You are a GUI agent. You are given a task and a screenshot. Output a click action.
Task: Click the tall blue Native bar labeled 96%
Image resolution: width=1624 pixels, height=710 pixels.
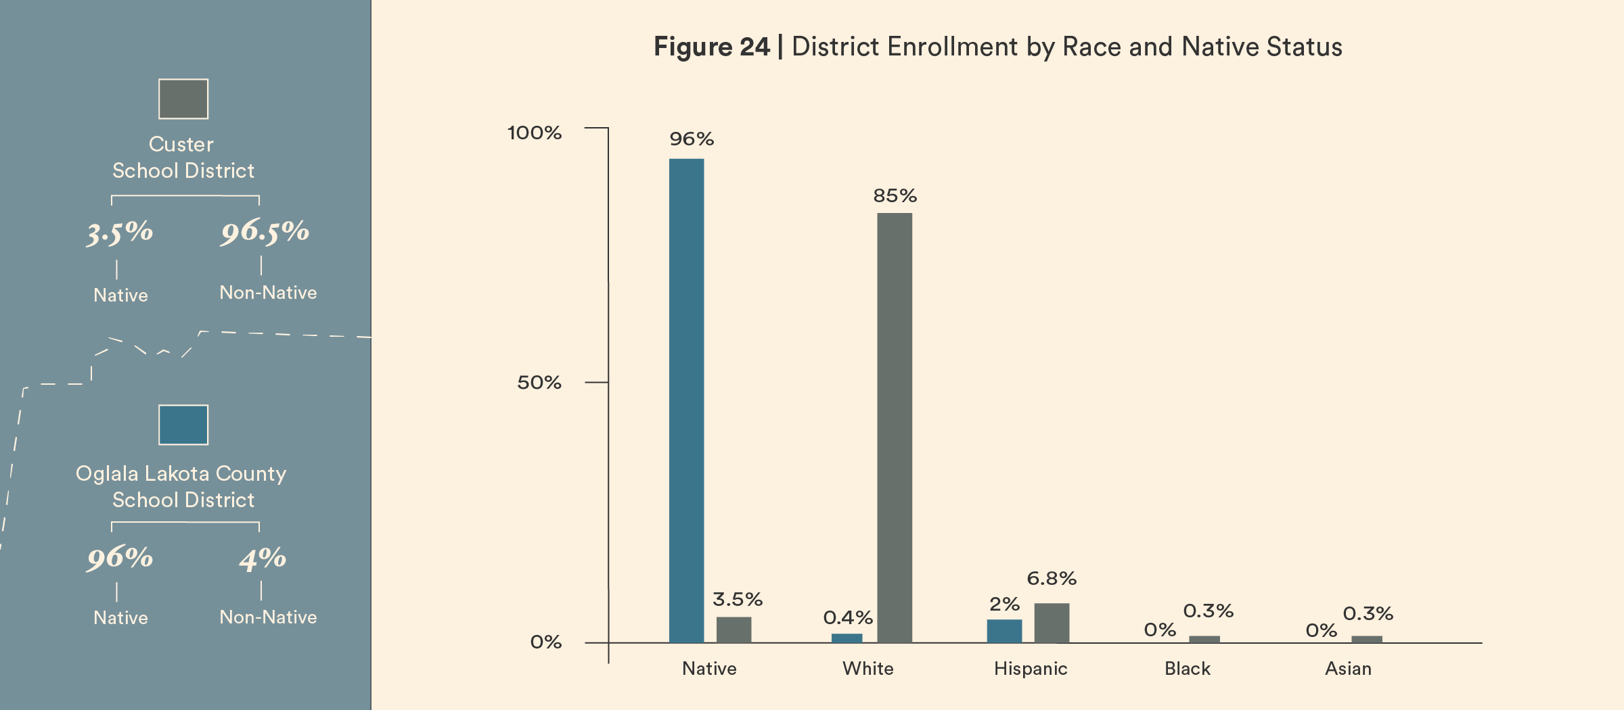click(686, 400)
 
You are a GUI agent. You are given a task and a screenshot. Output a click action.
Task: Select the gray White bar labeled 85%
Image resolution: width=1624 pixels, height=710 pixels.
click(895, 427)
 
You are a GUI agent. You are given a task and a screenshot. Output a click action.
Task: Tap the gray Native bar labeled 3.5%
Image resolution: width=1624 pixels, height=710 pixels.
click(734, 630)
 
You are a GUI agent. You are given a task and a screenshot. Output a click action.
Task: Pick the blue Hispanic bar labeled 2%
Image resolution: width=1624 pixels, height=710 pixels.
click(1004, 631)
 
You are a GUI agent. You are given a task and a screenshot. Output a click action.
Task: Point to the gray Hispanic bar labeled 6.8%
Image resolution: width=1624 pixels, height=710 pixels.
click(1052, 623)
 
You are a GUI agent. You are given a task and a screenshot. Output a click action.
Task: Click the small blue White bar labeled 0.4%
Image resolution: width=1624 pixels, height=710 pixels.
click(847, 638)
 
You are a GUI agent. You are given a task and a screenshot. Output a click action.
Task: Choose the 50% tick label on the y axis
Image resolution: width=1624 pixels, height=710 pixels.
click(539, 383)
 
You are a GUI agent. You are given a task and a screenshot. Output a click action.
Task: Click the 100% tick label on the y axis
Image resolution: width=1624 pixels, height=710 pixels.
click(535, 133)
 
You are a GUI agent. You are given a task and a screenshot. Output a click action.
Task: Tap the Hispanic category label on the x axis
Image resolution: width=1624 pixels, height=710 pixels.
click(1031, 669)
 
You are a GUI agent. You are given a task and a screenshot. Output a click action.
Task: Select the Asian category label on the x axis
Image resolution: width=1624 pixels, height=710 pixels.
click(1348, 669)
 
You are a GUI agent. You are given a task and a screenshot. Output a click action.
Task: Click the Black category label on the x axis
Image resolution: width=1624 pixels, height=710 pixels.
click(1188, 669)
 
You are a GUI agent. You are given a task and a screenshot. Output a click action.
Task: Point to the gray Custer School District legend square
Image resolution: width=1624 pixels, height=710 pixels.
click(183, 99)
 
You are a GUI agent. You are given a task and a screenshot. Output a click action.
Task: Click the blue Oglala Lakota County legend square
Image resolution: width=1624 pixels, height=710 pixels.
click(183, 425)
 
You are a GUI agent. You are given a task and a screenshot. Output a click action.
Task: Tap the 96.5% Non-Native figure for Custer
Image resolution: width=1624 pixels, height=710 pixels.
click(265, 232)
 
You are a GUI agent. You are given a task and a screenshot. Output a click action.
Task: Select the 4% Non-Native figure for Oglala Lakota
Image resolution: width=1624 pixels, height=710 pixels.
click(263, 559)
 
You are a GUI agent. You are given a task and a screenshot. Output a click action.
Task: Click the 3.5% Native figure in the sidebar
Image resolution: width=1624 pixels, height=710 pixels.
click(120, 233)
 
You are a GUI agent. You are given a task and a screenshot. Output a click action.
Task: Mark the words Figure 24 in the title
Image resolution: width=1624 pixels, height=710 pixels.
click(711, 47)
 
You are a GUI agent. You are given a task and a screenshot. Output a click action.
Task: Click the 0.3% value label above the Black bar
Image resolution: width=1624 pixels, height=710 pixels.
click(1208, 611)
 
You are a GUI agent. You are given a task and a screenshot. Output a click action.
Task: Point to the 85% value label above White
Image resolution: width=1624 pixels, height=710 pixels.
click(895, 196)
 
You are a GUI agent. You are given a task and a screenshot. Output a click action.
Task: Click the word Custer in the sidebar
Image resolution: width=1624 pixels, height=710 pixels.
click(181, 144)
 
